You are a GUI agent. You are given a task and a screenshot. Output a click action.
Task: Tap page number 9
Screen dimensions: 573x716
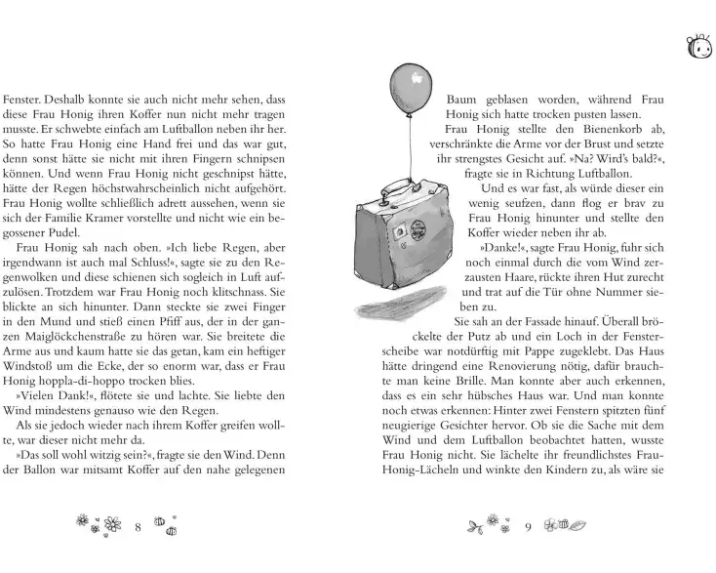pos(528,527)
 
